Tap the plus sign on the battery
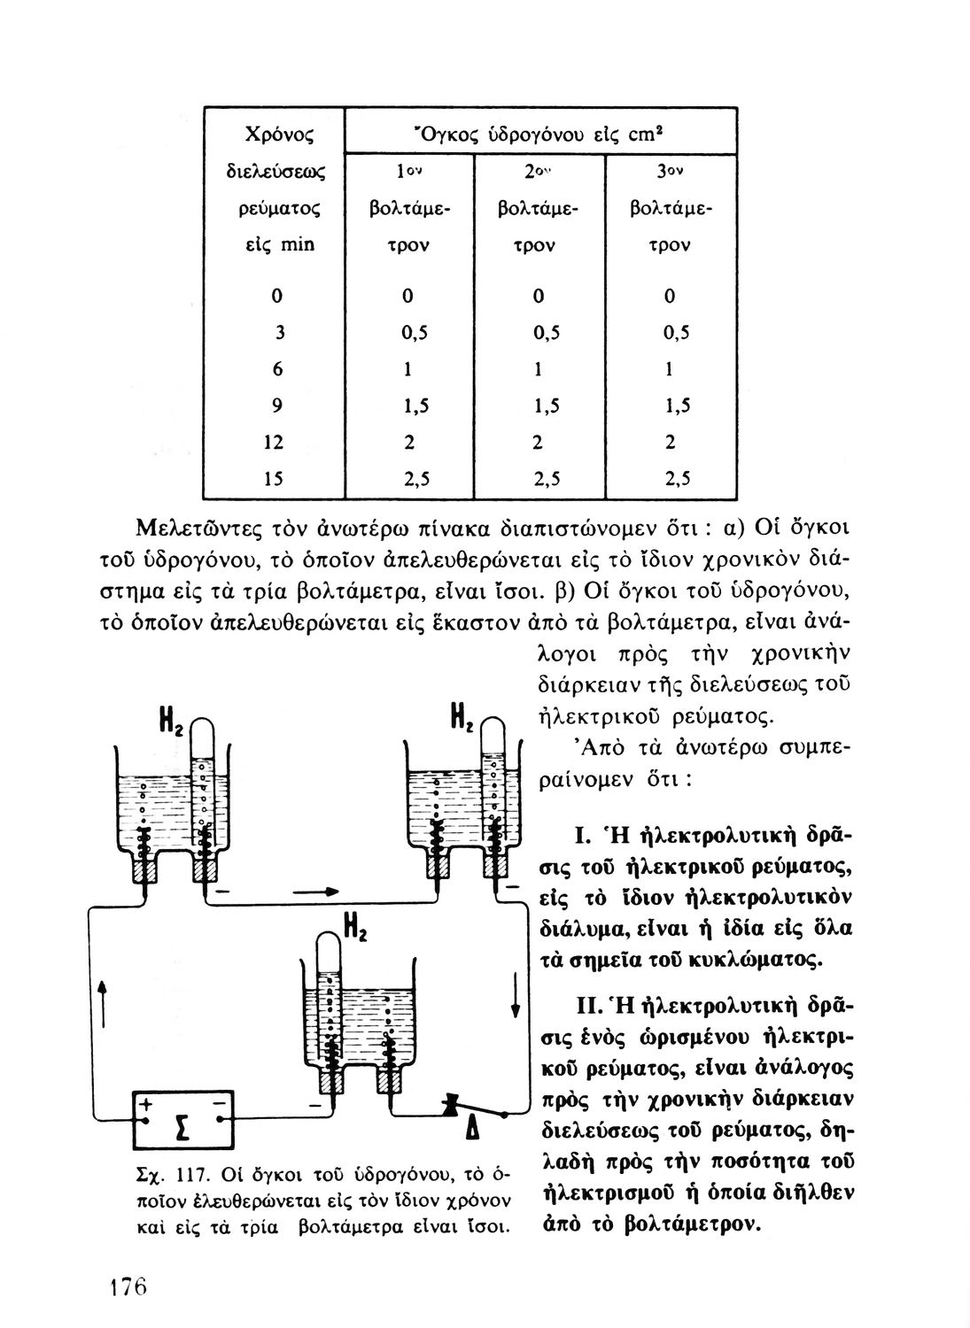tap(144, 1103)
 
